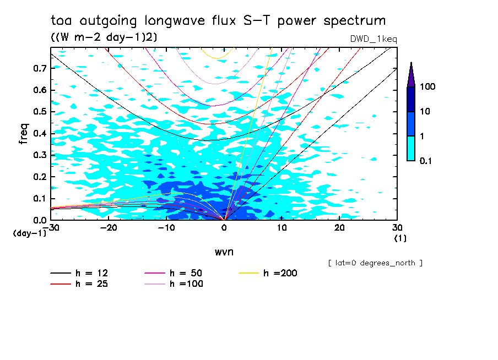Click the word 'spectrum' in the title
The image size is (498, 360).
(355, 21)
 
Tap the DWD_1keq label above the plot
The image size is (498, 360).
(373, 39)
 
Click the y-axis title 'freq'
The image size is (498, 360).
(24, 134)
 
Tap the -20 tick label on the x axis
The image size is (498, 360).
(109, 227)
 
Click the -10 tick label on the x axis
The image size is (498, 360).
(166, 227)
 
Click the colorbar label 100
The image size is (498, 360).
(428, 87)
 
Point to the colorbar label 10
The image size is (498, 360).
(426, 112)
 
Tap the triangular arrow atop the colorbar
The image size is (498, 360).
(411, 74)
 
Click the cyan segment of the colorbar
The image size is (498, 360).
(411, 148)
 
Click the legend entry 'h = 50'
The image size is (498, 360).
(186, 273)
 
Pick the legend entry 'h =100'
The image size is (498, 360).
(186, 284)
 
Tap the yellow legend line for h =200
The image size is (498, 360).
(250, 273)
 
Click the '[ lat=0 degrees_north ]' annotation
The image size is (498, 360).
(375, 263)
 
